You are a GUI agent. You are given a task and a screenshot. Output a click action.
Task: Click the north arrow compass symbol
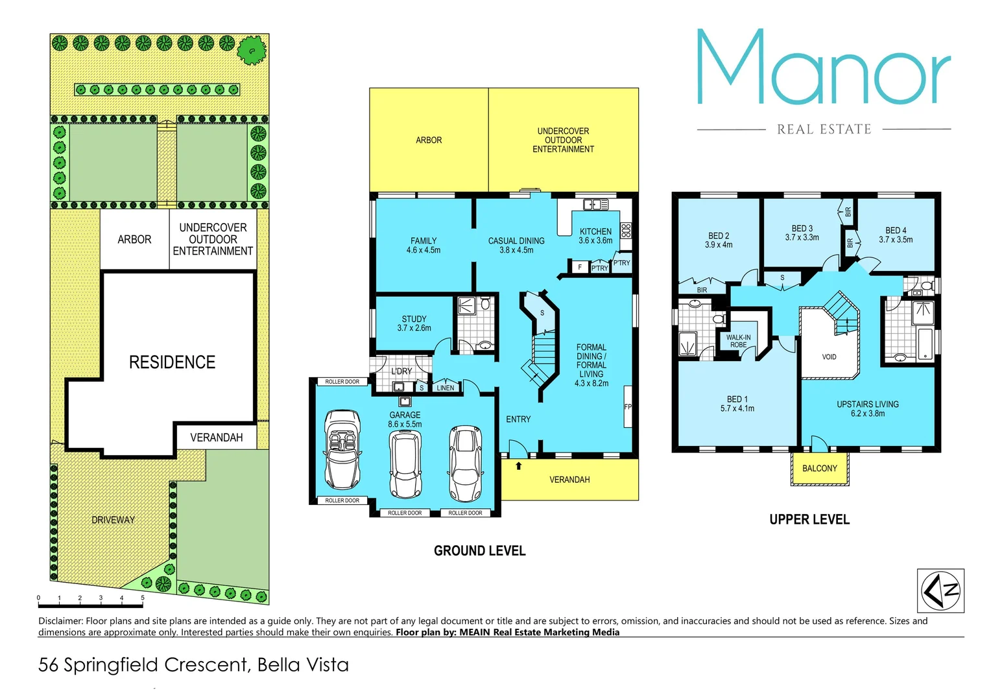pyautogui.click(x=940, y=590)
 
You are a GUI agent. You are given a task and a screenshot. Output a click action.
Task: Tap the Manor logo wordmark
pyautogui.click(x=823, y=68)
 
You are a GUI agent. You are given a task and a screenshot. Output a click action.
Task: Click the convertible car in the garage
pyautogui.click(x=342, y=449)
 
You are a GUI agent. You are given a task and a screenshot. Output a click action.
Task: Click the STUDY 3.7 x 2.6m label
pyautogui.click(x=414, y=323)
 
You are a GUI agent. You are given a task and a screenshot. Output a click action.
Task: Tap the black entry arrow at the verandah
pyautogui.click(x=518, y=465)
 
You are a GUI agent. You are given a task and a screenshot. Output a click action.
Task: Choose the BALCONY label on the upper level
pyautogui.click(x=819, y=469)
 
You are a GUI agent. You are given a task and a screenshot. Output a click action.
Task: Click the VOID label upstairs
pyautogui.click(x=829, y=357)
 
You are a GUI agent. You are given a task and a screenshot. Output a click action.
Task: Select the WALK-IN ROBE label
pyautogui.click(x=738, y=341)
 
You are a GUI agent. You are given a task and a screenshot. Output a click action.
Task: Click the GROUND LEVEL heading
pyautogui.click(x=479, y=551)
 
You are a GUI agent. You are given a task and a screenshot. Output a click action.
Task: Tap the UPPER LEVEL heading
pyautogui.click(x=809, y=520)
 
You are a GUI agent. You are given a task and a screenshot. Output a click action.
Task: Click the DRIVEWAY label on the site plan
pyautogui.click(x=113, y=520)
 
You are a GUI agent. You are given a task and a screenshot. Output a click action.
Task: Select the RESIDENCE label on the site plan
pyautogui.click(x=172, y=362)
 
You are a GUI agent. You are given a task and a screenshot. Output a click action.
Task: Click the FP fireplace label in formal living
pyautogui.click(x=627, y=407)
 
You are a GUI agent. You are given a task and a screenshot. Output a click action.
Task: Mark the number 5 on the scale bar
pyautogui.click(x=143, y=598)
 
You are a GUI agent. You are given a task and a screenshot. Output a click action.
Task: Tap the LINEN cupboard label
pyautogui.click(x=446, y=388)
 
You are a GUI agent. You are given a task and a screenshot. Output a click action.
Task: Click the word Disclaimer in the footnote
pyautogui.click(x=60, y=621)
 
